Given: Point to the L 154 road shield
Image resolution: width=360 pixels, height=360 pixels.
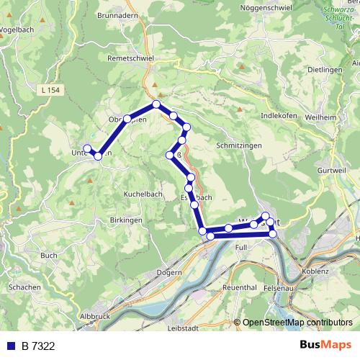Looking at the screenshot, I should tap(51, 90).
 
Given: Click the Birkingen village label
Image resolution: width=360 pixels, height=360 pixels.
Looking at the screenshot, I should tap(127, 220).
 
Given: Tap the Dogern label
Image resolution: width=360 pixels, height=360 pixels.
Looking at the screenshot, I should tap(168, 273).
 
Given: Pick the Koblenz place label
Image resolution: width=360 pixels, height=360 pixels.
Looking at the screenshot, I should tap(316, 271).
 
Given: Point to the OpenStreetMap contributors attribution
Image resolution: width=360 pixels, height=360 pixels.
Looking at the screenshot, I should tap(295, 323).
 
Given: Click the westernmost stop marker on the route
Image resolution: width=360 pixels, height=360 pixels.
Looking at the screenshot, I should tap(87, 149).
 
